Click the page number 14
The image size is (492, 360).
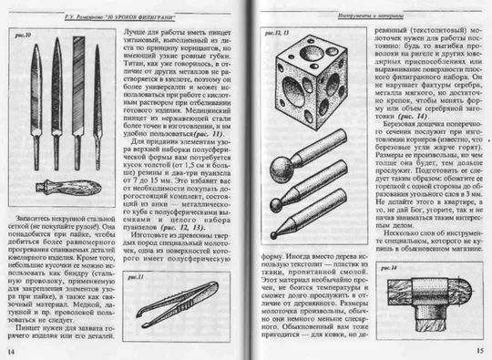[13, 349]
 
